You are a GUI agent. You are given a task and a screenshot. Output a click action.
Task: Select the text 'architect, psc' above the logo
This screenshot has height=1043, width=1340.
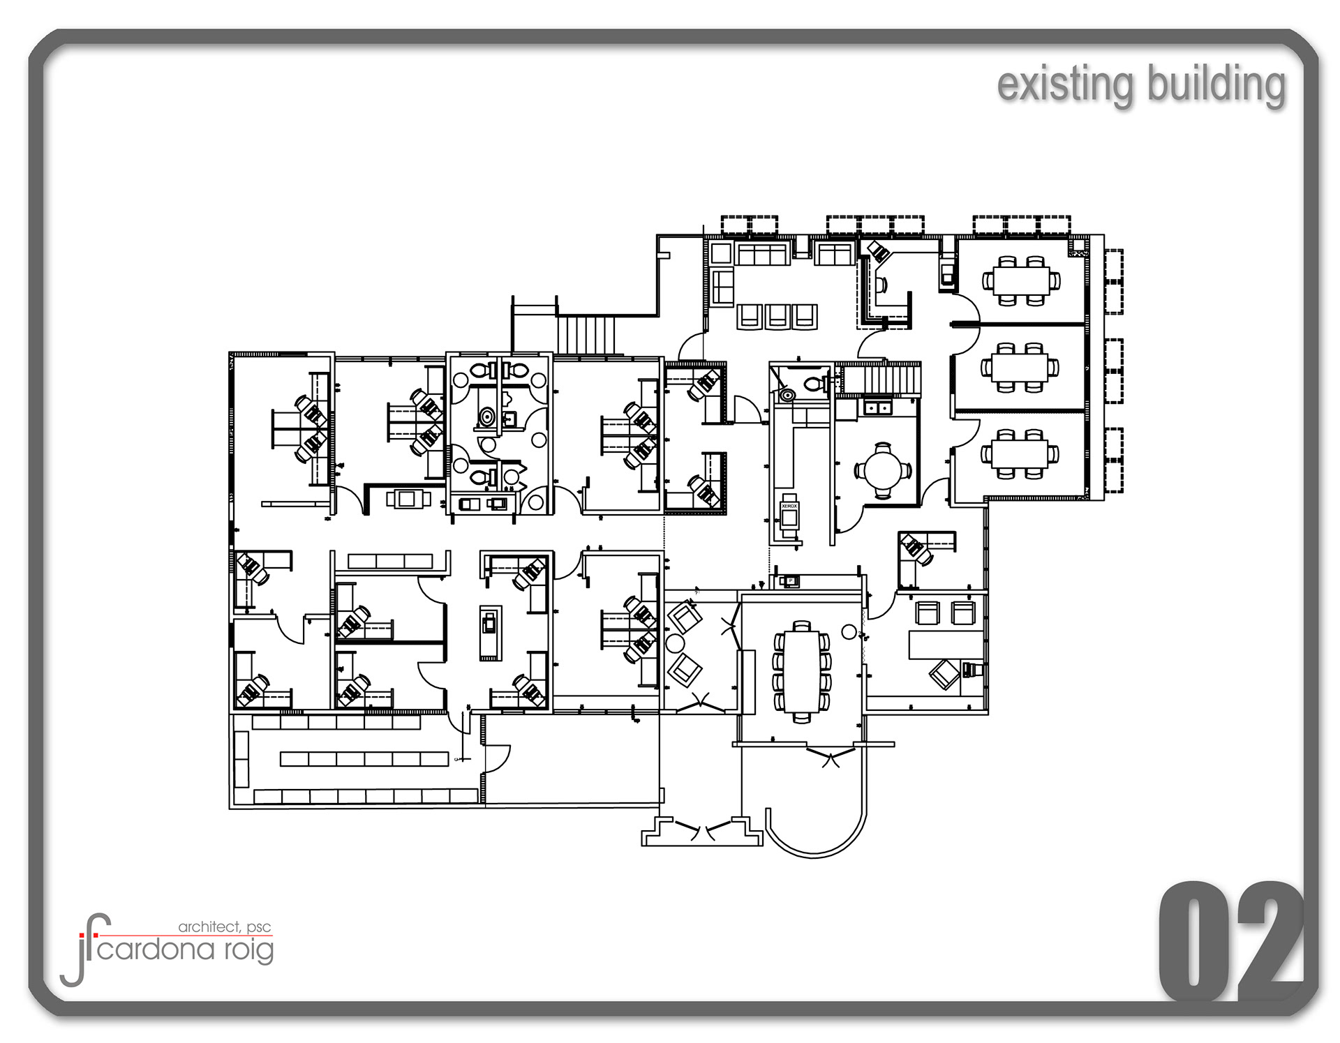click(225, 927)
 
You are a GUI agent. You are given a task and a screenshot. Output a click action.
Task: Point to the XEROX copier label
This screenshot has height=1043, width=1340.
click(789, 506)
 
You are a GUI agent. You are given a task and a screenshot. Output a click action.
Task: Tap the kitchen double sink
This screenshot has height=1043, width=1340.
click(877, 406)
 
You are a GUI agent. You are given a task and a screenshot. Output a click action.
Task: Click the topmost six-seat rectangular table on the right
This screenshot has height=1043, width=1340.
click(1021, 280)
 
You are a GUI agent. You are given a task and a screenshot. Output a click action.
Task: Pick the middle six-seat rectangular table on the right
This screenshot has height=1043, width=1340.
click(1021, 366)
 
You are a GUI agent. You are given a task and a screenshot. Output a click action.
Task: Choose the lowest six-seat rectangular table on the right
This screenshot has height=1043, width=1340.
click(1021, 453)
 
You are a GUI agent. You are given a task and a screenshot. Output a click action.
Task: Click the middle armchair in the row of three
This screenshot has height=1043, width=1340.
click(777, 316)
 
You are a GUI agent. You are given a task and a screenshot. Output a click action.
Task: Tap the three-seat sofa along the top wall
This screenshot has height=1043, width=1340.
click(763, 253)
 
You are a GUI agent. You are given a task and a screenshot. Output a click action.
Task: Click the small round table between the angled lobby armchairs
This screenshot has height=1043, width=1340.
click(675, 643)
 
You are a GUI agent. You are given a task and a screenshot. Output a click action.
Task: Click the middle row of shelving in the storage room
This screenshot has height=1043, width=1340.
click(364, 758)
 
